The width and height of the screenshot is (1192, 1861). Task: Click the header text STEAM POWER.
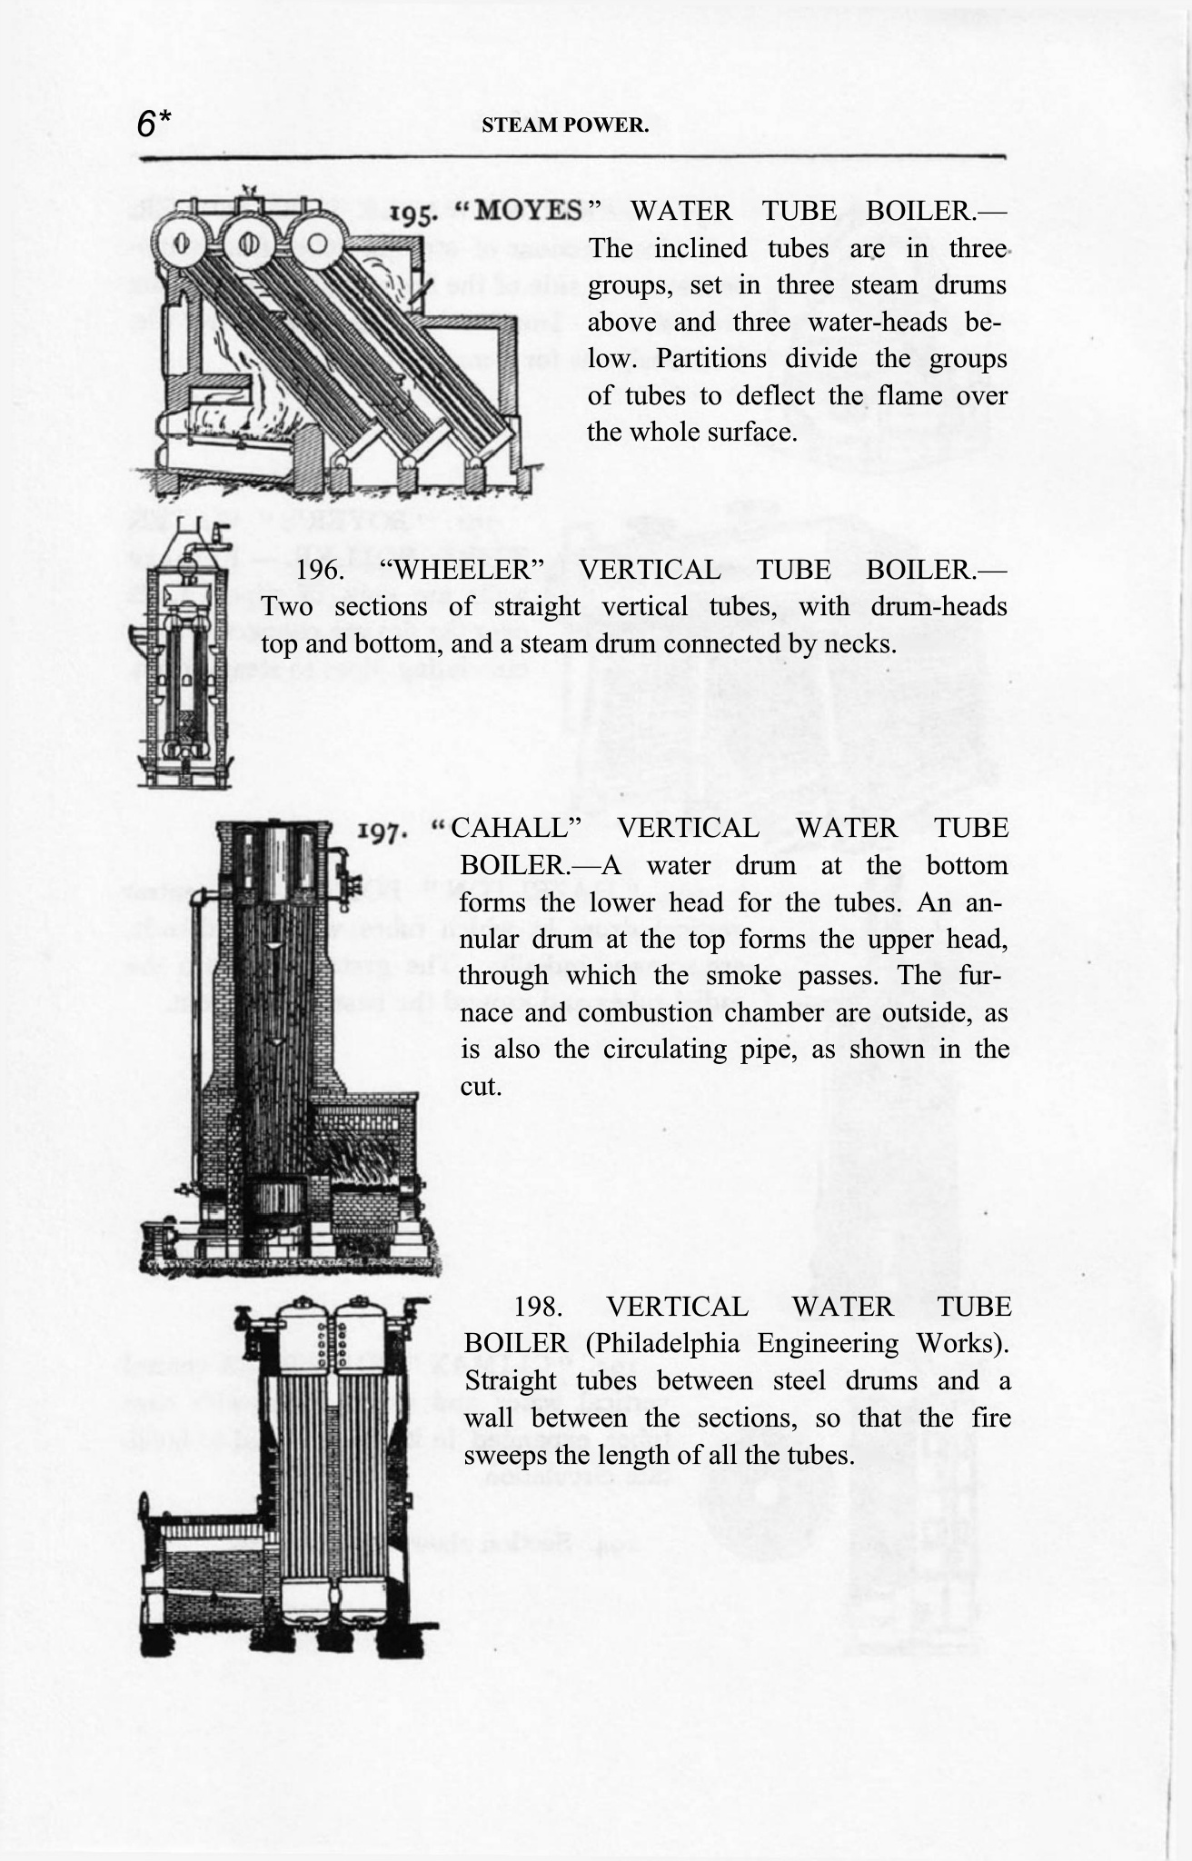[x=565, y=125]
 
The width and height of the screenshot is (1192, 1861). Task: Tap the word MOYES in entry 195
[x=529, y=211]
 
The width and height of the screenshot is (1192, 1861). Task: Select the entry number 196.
[x=321, y=570]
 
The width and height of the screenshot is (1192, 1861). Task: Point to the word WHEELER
[x=459, y=570]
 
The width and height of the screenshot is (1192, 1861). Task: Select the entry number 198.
[x=538, y=1307]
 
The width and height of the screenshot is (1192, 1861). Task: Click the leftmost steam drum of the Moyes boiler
[x=180, y=243]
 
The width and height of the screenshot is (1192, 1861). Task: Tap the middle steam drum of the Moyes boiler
[x=248, y=244]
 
